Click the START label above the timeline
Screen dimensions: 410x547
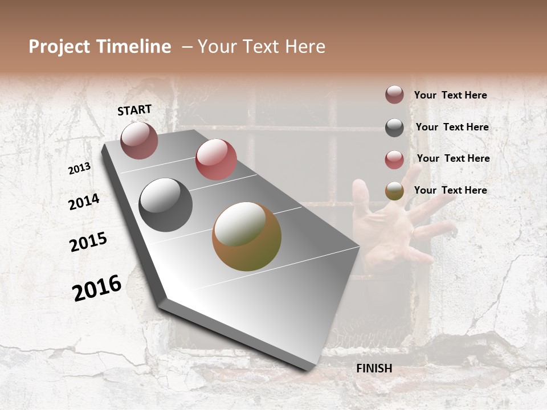pos(134,110)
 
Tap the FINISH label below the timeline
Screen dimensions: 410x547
pos(374,368)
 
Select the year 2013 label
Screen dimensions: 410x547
pos(80,169)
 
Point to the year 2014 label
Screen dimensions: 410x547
pos(84,202)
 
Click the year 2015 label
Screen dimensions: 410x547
pos(88,242)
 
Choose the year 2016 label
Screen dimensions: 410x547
pos(97,288)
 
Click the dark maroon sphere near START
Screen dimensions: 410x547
pos(139,141)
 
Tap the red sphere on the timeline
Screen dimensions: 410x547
pos(216,159)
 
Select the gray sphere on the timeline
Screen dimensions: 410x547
pos(166,205)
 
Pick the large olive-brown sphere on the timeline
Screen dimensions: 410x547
pos(247,236)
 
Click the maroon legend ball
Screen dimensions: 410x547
pos(394,95)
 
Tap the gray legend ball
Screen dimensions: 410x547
pos(394,128)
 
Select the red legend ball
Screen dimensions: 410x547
pos(394,159)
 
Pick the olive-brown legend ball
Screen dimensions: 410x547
pos(394,191)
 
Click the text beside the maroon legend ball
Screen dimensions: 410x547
pos(450,95)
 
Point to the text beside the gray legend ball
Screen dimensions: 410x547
pos(452,127)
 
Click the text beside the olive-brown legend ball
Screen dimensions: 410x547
pos(450,190)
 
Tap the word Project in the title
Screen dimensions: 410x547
pos(59,47)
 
